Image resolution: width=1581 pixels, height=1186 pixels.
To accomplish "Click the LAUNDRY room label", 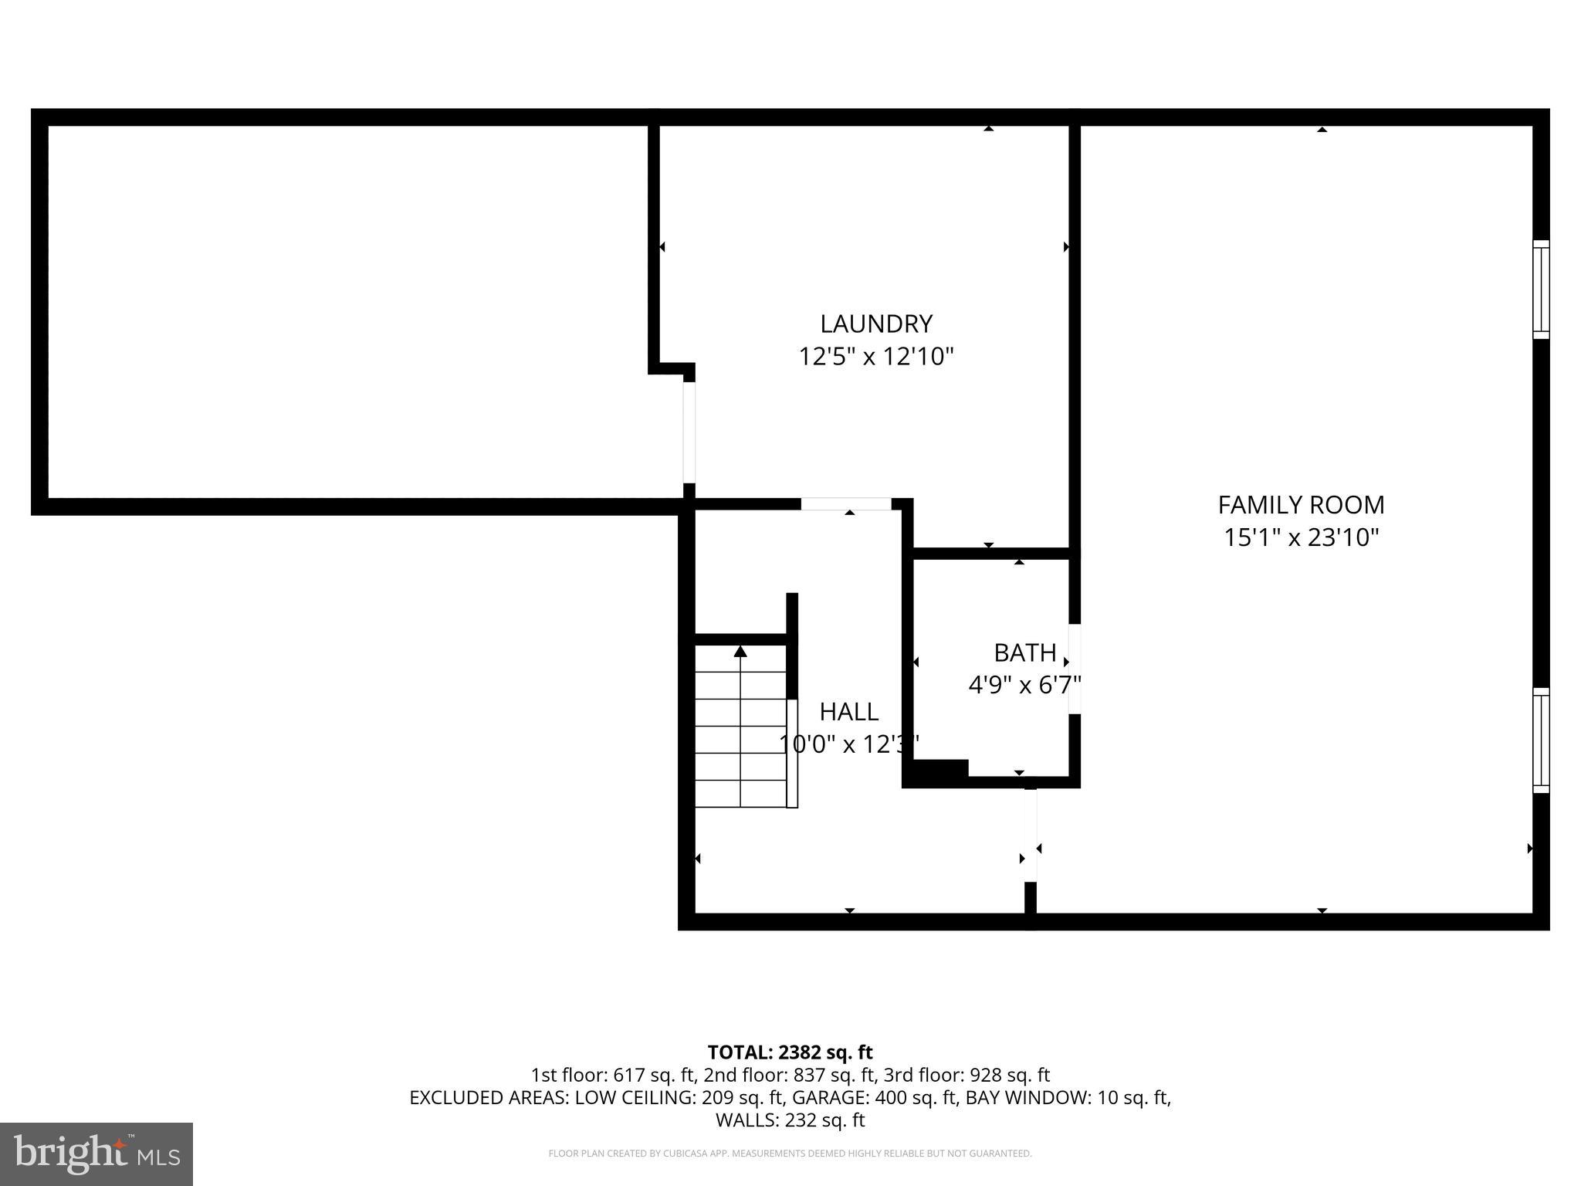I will click(875, 324).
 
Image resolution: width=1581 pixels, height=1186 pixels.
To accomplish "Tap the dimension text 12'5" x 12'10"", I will click(875, 357).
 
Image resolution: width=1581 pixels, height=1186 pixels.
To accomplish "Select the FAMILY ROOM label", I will click(1301, 505).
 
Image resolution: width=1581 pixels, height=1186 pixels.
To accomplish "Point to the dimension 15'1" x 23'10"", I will click(1301, 537).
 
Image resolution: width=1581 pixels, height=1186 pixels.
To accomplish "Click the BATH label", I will click(1024, 653).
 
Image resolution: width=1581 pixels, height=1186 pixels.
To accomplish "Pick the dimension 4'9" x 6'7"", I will click(1024, 685).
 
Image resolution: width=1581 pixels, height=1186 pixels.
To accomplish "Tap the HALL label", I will click(848, 711).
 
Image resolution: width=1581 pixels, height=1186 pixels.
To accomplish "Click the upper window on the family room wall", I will click(1540, 290).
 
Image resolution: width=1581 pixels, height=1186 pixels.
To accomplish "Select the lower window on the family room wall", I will click(1540, 740).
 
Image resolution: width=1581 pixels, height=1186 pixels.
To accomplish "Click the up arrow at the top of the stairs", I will click(740, 652).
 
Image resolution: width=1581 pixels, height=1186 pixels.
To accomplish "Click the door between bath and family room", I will click(1074, 669).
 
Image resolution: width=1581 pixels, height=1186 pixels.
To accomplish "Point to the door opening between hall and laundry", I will click(846, 504).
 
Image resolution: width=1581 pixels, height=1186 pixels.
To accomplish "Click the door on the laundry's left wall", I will click(689, 432).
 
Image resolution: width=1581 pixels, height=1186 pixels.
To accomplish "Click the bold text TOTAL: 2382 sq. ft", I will click(790, 1052).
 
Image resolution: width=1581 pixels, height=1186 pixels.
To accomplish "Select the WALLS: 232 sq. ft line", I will click(790, 1120).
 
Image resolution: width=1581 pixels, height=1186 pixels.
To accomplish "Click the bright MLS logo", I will click(96, 1154).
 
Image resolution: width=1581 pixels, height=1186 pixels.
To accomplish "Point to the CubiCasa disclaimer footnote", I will click(790, 1154).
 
